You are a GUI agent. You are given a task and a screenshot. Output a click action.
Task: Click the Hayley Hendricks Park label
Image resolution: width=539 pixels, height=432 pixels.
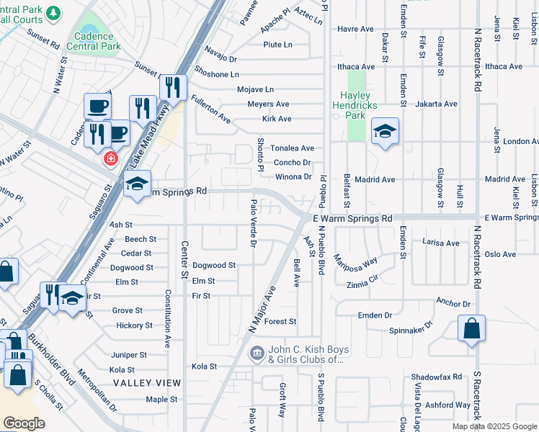pyautogui.click(x=351, y=105)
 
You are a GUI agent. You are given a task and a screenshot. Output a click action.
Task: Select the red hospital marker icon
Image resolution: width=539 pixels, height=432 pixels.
pyautogui.click(x=110, y=158)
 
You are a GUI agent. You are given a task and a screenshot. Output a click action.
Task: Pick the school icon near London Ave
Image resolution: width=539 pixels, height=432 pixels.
pyautogui.click(x=386, y=131)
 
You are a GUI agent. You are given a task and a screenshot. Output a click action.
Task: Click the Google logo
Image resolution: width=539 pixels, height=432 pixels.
pyautogui.click(x=24, y=423)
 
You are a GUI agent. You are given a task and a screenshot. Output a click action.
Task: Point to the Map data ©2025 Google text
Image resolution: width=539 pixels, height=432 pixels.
pyautogui.click(x=494, y=426)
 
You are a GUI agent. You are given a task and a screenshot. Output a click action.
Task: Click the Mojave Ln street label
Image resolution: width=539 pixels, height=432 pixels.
pyautogui.click(x=256, y=89)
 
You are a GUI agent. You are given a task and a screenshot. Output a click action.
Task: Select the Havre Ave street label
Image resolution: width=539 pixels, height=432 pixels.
pyautogui.click(x=355, y=30)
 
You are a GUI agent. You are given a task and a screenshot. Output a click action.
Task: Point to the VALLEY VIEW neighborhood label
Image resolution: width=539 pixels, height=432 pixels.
pyautogui.click(x=146, y=382)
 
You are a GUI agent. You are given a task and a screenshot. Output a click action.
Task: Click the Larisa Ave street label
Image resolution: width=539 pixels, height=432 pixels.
pyautogui.click(x=441, y=243)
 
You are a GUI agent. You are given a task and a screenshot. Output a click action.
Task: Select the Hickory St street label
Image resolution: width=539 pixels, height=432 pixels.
pyautogui.click(x=134, y=325)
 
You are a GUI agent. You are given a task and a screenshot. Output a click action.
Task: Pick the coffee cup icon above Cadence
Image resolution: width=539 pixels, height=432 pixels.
pyautogui.click(x=97, y=107)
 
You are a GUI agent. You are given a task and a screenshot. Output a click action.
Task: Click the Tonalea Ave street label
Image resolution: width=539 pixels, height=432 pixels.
pyautogui.click(x=292, y=148)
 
